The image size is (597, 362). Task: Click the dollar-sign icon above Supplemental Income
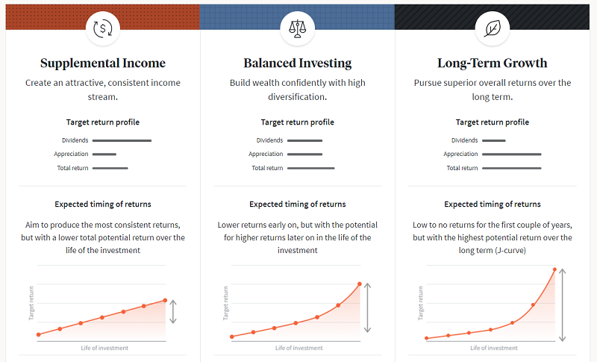[103, 28]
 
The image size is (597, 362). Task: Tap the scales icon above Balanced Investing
[297, 28]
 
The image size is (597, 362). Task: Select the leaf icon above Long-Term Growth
[493, 28]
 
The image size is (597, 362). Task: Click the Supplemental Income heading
[103, 63]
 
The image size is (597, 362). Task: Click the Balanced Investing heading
[297, 63]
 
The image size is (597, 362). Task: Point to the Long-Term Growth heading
[493, 63]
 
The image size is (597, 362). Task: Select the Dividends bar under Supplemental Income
[122, 140]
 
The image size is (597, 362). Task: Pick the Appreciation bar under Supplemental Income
[104, 155]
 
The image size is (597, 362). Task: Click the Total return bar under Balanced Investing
[310, 168]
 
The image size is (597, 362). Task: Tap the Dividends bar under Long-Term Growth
[494, 140]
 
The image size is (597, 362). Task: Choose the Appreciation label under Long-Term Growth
[460, 155]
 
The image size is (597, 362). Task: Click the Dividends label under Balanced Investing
[269, 140]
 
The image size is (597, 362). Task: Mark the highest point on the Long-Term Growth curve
[554, 269]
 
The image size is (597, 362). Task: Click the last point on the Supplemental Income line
[165, 300]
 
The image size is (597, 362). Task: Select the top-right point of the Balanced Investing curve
[360, 284]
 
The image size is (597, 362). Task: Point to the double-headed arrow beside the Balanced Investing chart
[367, 308]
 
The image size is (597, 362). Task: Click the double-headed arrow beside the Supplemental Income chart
[173, 312]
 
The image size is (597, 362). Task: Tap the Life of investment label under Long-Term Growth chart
[494, 348]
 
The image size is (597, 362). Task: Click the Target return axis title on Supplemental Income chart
[31, 303]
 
